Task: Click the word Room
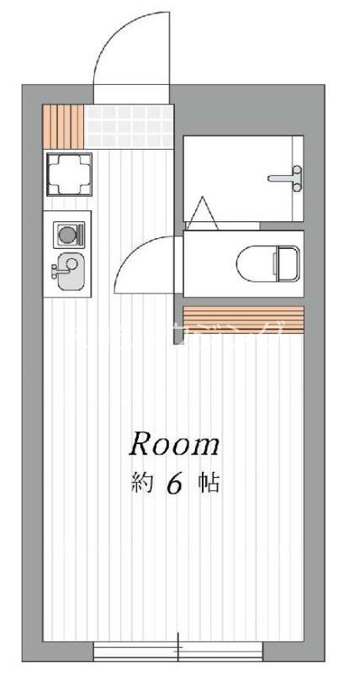pyautogui.click(x=174, y=444)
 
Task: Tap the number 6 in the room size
pyautogui.click(x=174, y=485)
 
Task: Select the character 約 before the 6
pyautogui.click(x=140, y=485)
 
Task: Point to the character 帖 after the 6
pyautogui.click(x=209, y=485)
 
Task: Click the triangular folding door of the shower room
pyautogui.click(x=203, y=213)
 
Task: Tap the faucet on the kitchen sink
pyautogui.click(x=56, y=271)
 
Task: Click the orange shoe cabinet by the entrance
pyautogui.click(x=62, y=125)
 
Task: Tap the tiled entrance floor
pyautogui.click(x=127, y=125)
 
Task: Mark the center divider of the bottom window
pyautogui.click(x=178, y=650)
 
